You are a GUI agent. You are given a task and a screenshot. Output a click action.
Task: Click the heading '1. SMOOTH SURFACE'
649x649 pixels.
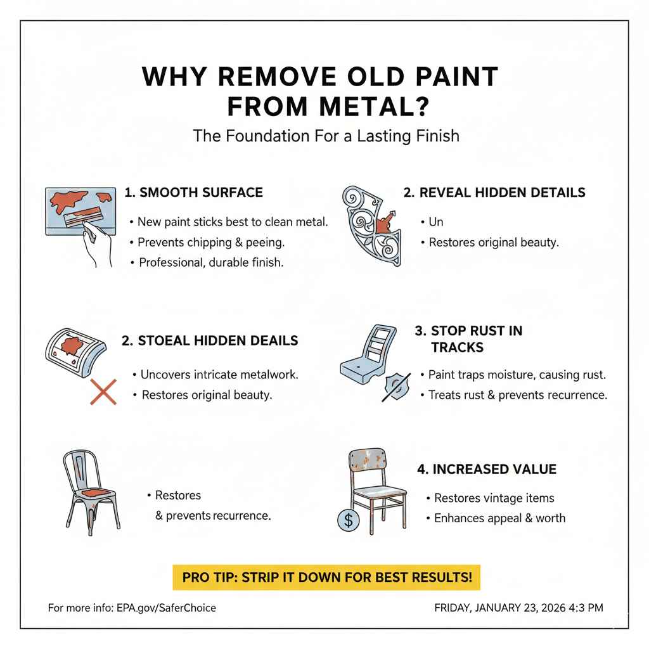point(194,193)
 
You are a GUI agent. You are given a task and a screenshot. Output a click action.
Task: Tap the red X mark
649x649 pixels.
point(103,392)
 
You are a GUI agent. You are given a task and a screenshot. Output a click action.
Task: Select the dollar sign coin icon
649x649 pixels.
point(348,520)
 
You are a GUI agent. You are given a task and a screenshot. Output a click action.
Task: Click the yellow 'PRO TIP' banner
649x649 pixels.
point(326,577)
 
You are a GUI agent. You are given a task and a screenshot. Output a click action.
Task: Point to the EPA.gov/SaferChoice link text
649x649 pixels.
point(166,608)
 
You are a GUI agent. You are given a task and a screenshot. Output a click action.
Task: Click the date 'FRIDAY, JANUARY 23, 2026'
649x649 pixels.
point(500,608)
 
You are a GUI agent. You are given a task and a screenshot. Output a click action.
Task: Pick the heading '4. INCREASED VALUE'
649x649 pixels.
point(487,469)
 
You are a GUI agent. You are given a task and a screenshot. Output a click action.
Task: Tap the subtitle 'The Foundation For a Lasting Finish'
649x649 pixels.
point(326,136)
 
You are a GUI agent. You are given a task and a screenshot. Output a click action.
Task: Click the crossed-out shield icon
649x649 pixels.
point(397,387)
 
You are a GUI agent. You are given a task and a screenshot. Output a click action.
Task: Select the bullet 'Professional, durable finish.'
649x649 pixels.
point(211,262)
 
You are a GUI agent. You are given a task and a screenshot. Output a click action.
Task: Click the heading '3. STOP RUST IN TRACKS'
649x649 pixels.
point(468,339)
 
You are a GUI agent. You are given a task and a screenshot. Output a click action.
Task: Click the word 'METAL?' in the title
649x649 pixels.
point(374,106)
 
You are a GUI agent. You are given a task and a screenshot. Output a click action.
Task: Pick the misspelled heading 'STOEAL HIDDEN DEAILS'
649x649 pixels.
point(218,340)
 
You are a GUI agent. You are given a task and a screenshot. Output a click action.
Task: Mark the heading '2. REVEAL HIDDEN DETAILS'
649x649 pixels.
point(494,193)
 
